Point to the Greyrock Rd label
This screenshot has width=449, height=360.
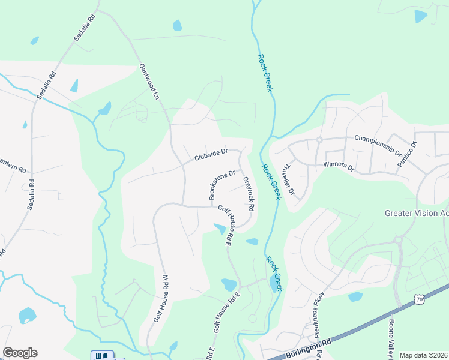tap(249, 193)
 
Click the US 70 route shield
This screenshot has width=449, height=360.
tap(418, 298)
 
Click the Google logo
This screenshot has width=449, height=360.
tap(20, 353)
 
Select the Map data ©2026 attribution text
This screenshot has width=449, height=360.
tap(423, 355)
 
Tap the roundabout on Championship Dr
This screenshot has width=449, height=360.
tap(320, 140)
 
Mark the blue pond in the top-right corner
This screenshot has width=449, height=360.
tap(421, 16)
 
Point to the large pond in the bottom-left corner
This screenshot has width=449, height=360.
tap(27, 315)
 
